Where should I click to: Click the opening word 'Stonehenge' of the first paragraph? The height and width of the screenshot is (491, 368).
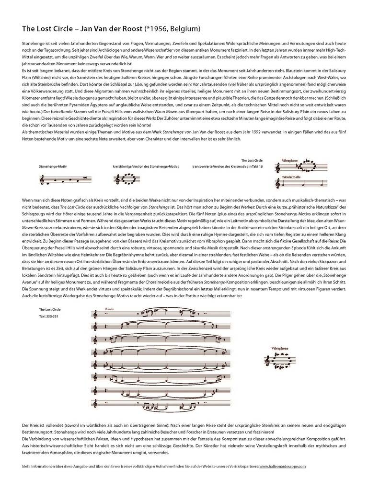coord(32,44)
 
